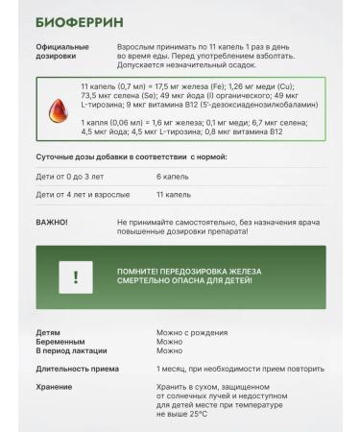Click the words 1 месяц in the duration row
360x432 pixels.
tap(174, 369)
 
